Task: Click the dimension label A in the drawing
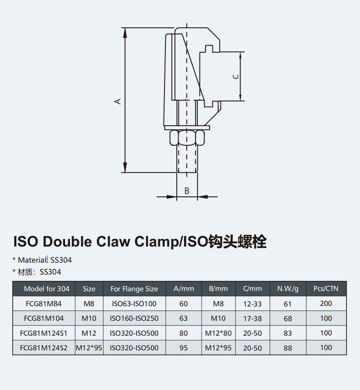click(118, 101)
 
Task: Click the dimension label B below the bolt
click(187, 191)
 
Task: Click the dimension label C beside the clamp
click(235, 76)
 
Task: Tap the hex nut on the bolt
click(187, 137)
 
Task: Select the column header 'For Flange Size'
click(134, 289)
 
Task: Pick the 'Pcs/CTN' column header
click(326, 289)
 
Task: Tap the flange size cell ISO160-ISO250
click(134, 318)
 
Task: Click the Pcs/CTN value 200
click(326, 304)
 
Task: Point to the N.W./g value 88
click(288, 348)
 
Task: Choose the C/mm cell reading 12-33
click(252, 304)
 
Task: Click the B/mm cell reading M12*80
click(218, 333)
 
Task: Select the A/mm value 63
click(184, 318)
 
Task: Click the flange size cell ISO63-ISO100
click(134, 304)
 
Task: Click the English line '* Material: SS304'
click(42, 260)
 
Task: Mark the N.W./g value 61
click(288, 304)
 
